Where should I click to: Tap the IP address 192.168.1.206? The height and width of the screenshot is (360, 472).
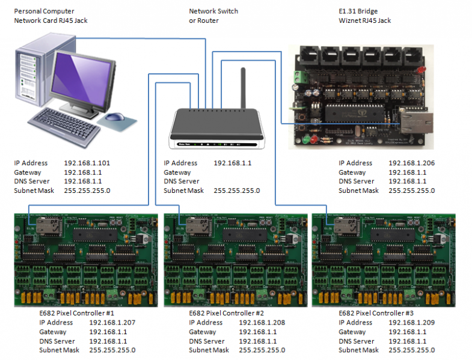[411, 163]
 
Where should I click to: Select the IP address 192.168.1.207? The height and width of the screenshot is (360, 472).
[112, 323]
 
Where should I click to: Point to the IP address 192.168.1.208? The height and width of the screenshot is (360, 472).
[262, 323]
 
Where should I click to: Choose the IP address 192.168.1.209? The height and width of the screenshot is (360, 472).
[411, 323]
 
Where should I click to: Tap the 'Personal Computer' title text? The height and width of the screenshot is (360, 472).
[44, 11]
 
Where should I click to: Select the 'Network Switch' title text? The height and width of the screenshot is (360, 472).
[213, 11]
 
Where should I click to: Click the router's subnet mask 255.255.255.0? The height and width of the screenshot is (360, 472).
[236, 191]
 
